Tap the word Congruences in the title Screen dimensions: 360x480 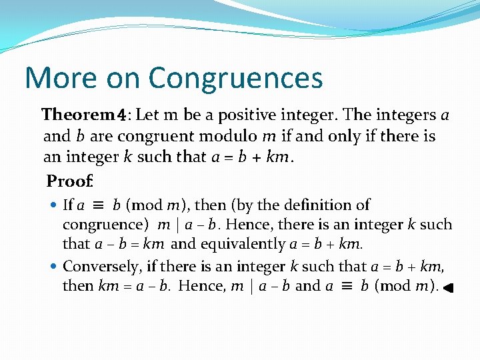click(x=236, y=79)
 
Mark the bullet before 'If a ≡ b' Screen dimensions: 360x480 click(x=55, y=206)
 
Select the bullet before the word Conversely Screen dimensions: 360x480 click(x=55, y=267)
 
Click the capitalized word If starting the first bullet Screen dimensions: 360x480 click(x=67, y=205)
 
